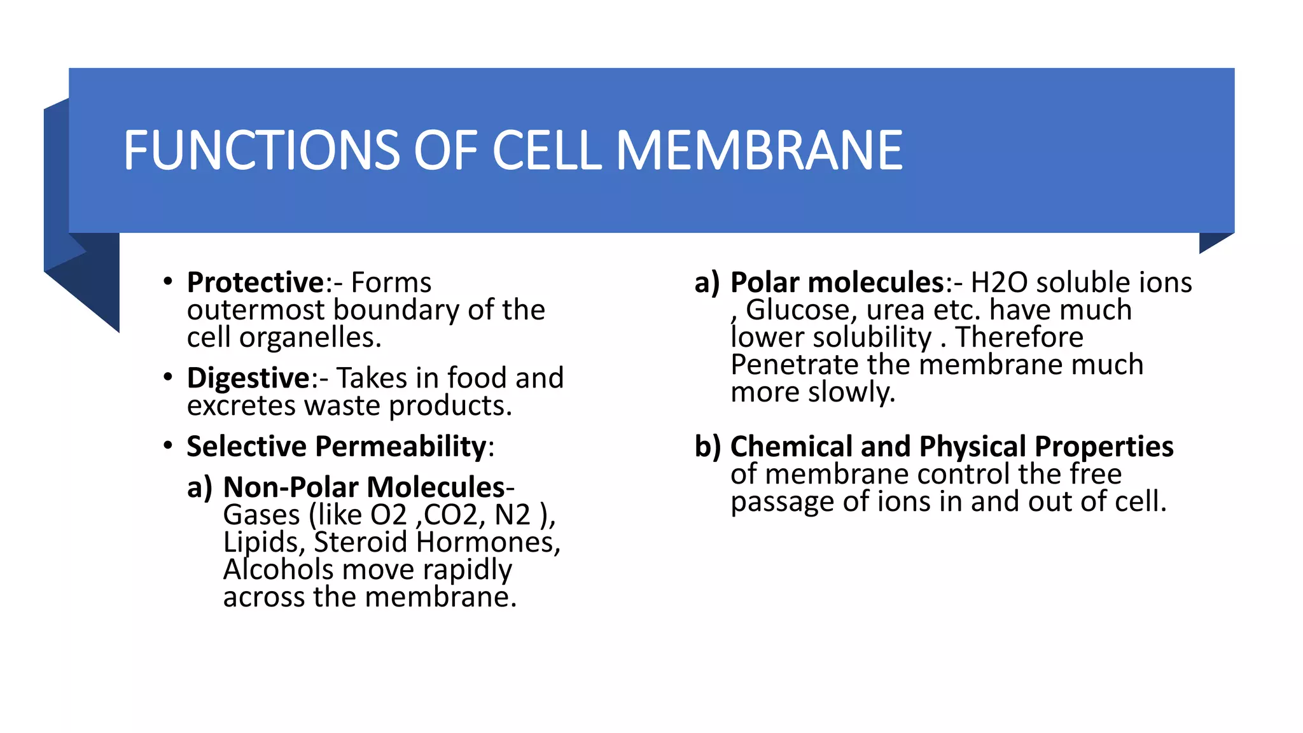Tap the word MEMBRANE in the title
[x=759, y=151]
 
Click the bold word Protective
[x=255, y=283]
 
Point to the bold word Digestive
[x=247, y=378]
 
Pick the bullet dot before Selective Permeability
[x=167, y=445]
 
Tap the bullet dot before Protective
[x=167, y=281]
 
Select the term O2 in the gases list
[x=388, y=515]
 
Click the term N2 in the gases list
[x=512, y=515]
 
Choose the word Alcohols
[x=278, y=569]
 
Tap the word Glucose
[x=797, y=311]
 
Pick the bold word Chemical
[x=791, y=447]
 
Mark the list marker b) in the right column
[x=707, y=447]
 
